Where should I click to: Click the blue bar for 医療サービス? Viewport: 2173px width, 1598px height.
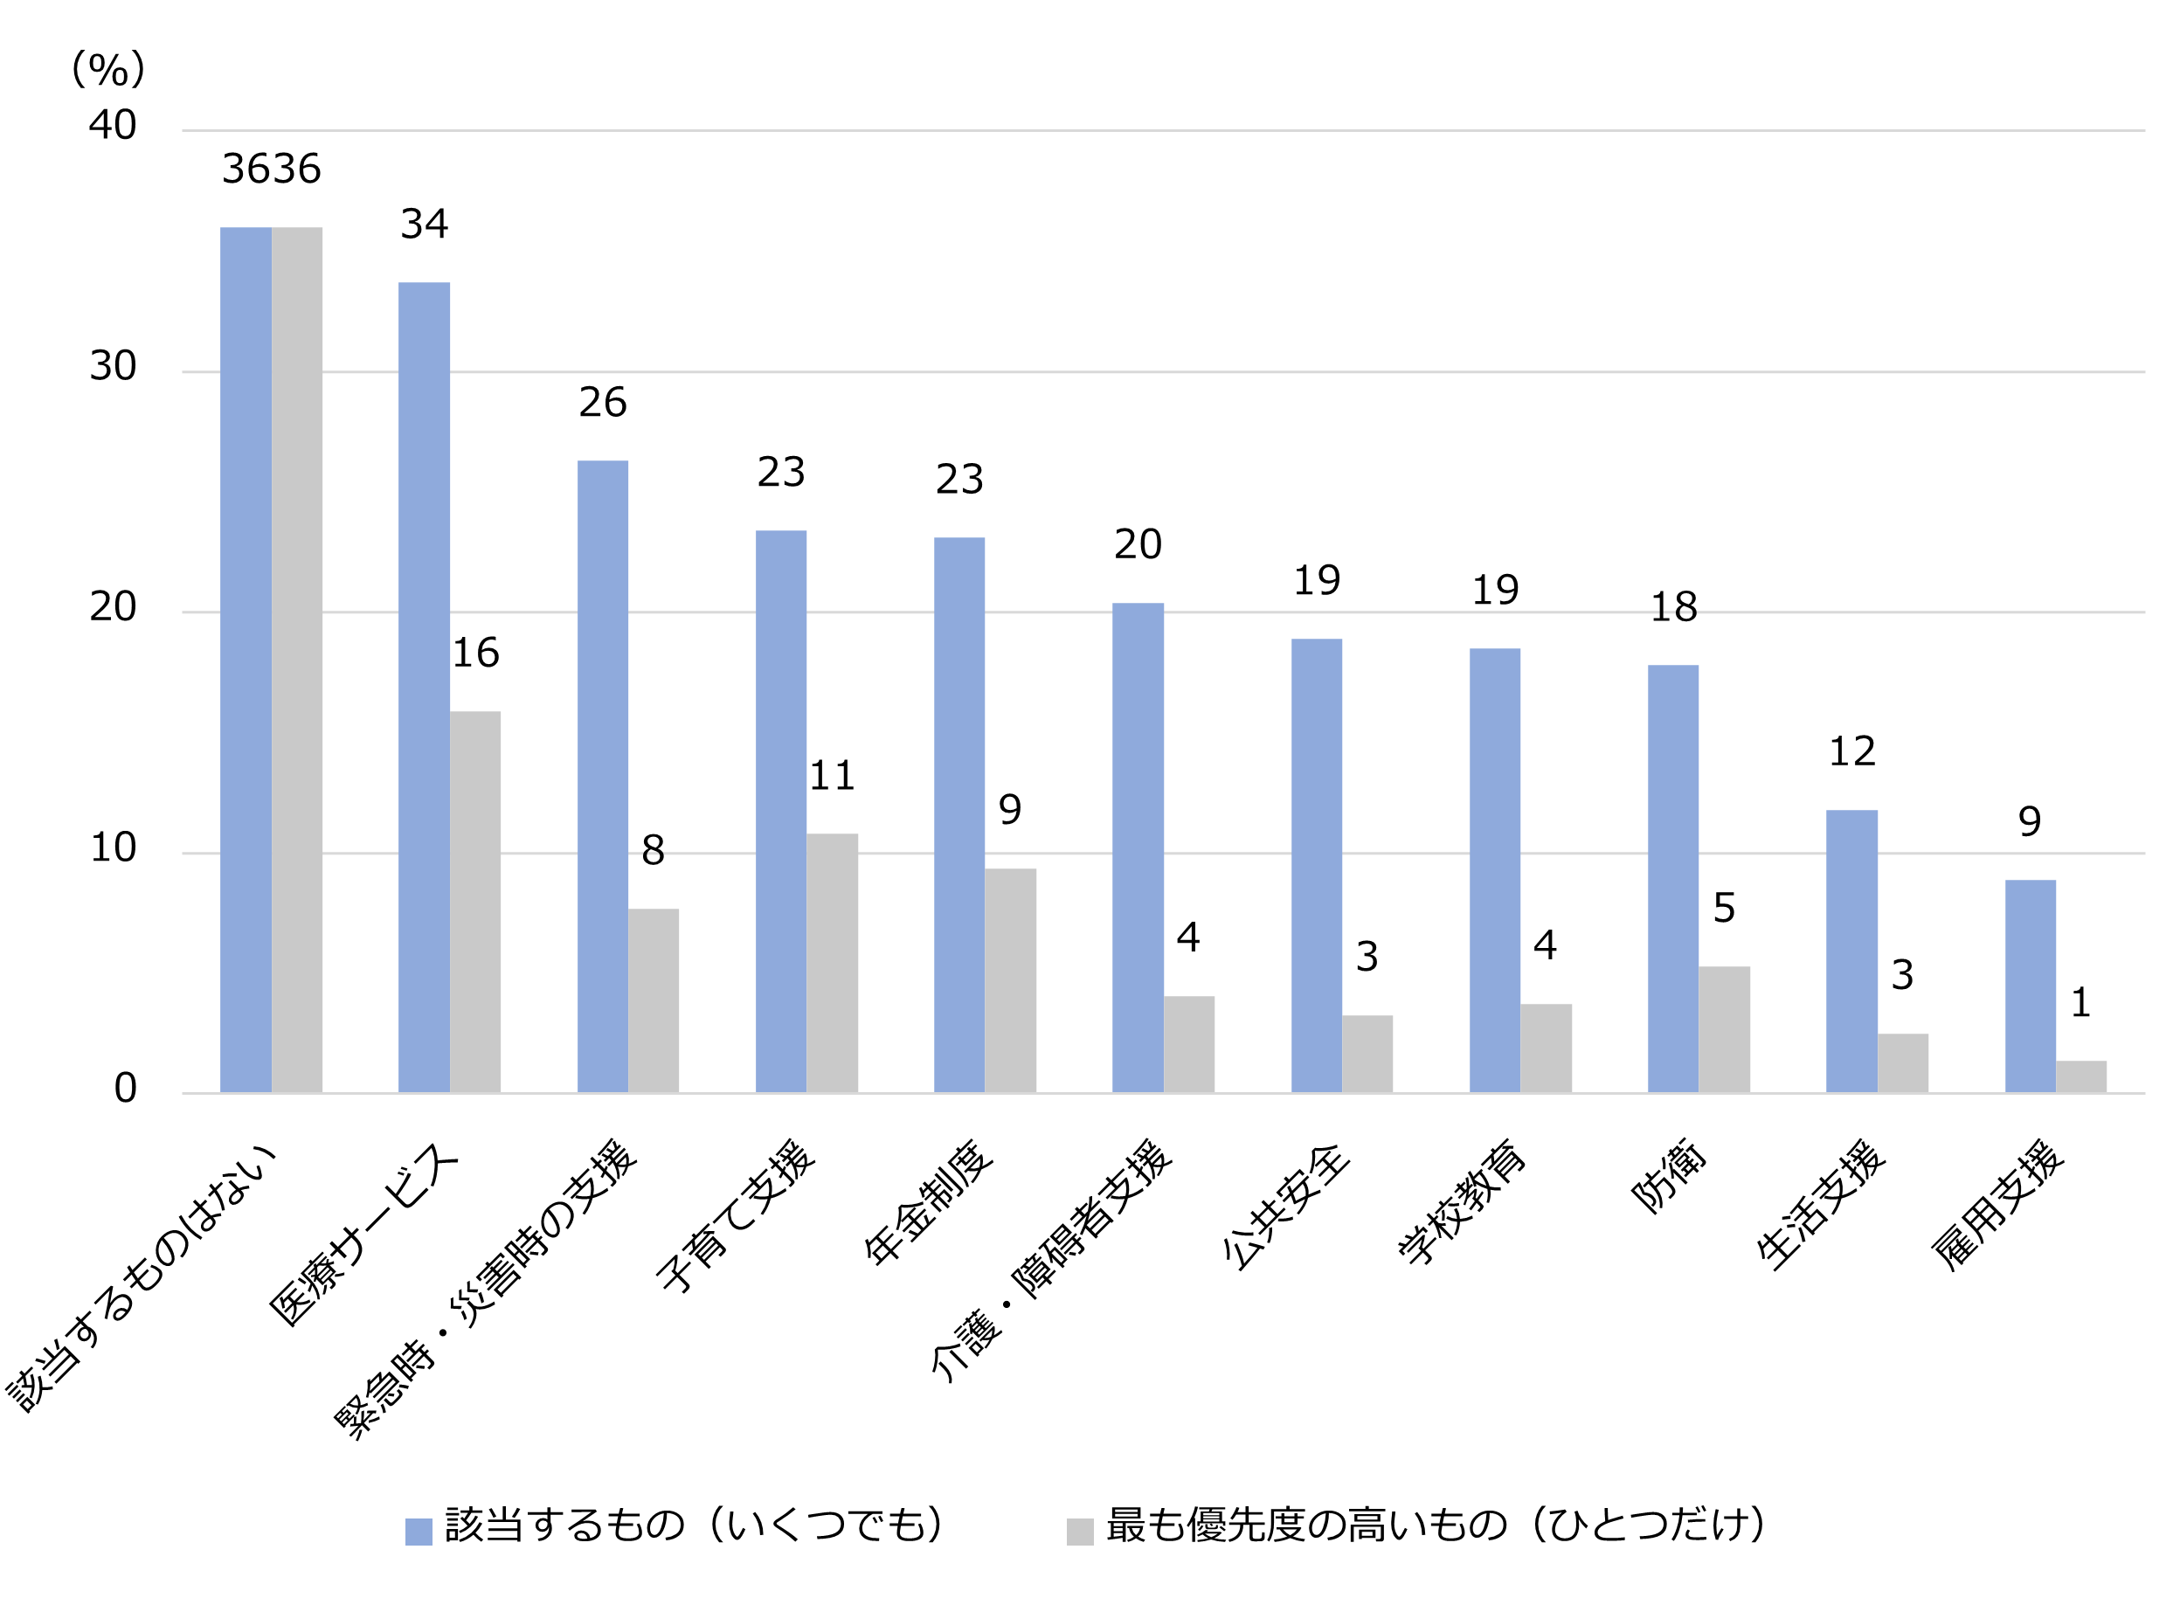(x=424, y=688)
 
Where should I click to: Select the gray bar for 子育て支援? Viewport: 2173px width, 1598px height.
(x=832, y=964)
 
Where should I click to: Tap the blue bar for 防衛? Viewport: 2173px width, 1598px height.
(x=1672, y=879)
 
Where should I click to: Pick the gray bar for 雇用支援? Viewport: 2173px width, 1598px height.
(x=2080, y=1077)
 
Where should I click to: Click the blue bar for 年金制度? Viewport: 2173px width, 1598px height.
(x=958, y=815)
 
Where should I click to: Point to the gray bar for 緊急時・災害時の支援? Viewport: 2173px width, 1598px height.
(x=653, y=1001)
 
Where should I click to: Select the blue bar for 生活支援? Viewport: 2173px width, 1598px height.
(x=1851, y=951)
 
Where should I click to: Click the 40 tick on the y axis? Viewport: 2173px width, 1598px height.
(x=112, y=126)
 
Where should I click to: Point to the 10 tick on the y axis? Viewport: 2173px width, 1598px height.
(x=112, y=848)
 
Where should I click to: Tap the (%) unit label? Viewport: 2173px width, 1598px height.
(x=108, y=70)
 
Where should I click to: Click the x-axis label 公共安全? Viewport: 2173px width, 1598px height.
(x=1286, y=1207)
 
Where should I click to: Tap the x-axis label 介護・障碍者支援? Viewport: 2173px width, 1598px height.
(x=1052, y=1262)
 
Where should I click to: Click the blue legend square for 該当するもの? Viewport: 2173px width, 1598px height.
(x=418, y=1532)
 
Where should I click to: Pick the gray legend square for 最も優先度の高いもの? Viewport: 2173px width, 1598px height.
(x=1079, y=1532)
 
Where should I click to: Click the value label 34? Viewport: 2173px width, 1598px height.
(x=425, y=225)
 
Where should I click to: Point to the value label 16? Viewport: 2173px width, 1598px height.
(x=476, y=653)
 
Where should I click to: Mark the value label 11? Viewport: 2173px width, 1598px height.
(x=832, y=776)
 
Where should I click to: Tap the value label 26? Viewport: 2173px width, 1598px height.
(x=603, y=403)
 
